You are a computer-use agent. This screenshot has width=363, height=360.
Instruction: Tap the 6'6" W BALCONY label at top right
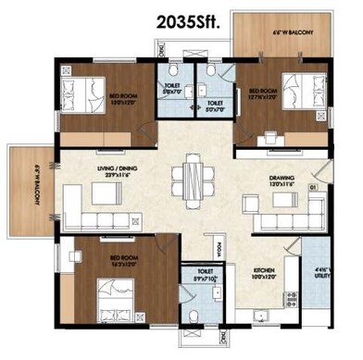tap(294, 32)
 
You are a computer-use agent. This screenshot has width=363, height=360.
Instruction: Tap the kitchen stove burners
tap(293, 298)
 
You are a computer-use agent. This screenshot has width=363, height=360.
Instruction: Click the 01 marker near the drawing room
tap(314, 188)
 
